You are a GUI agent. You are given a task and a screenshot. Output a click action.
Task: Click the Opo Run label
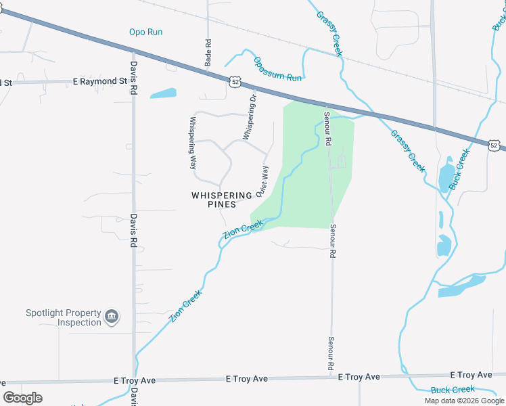(146, 32)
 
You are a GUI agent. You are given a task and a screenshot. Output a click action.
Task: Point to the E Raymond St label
(100, 81)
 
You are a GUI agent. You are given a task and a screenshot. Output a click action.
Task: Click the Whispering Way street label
(193, 143)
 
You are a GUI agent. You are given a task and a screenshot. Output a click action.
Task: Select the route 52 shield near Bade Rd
(234, 81)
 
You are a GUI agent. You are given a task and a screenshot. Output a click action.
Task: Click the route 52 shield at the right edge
(495, 145)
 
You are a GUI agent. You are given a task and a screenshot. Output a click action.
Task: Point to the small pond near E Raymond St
(162, 93)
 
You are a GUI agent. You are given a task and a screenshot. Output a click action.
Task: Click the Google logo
(22, 398)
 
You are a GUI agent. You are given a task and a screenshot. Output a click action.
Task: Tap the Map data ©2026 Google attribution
(464, 401)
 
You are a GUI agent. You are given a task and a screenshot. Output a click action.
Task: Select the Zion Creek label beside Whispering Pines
(243, 229)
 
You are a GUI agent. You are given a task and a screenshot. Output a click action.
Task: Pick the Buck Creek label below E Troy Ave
(453, 390)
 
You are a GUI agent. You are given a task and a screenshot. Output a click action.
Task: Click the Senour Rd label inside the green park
(327, 129)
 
